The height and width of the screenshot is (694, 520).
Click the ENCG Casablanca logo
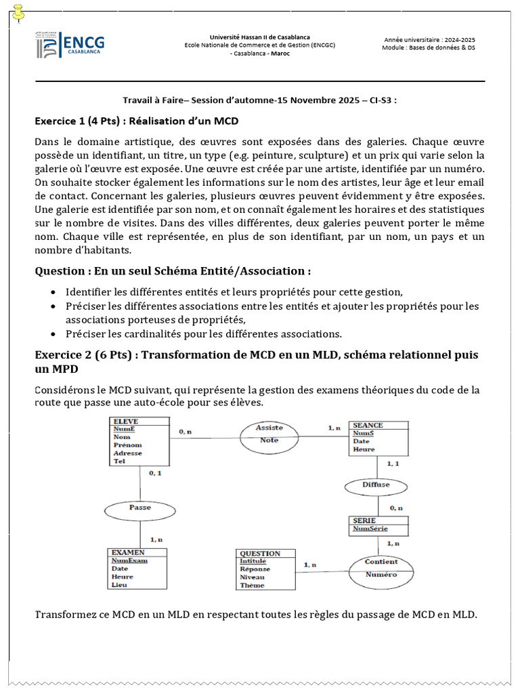click(70, 46)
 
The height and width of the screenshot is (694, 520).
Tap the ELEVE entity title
click(126, 422)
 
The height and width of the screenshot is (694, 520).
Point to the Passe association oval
click(140, 507)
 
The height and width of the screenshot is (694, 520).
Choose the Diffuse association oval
click(376, 485)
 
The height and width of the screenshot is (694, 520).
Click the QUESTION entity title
click(260, 553)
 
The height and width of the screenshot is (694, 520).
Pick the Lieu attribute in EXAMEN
click(119, 584)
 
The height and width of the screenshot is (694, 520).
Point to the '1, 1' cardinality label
click(393, 464)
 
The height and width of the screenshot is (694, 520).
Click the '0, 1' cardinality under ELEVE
click(155, 472)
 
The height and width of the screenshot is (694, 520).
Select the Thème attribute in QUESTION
click(253, 585)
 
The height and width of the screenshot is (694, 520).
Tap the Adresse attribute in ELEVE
click(128, 453)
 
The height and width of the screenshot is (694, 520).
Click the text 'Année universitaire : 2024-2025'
click(429, 40)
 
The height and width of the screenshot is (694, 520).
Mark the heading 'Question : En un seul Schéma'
click(173, 271)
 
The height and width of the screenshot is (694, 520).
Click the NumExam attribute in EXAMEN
click(129, 560)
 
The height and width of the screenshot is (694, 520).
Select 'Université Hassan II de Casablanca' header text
click(260, 37)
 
